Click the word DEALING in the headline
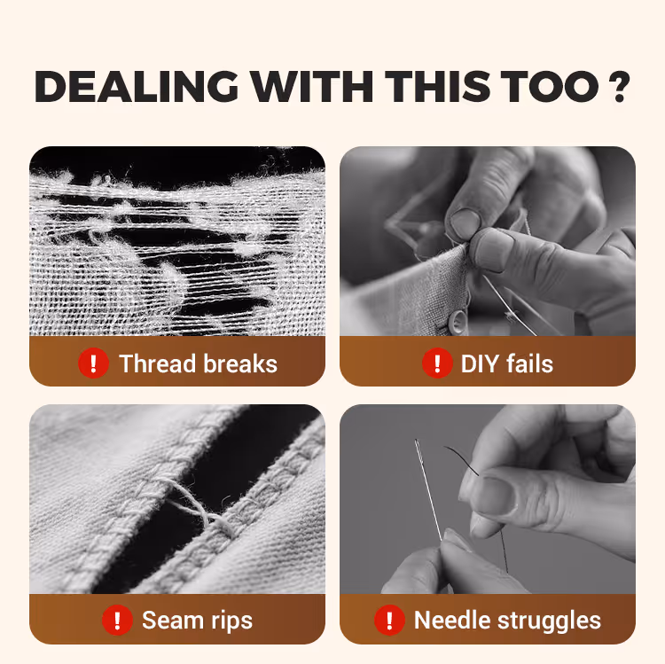[137, 87]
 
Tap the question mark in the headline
[619, 87]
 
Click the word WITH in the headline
[312, 87]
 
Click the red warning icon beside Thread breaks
[93, 363]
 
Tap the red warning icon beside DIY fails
[437, 363]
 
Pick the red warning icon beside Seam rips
[117, 621]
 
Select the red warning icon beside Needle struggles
[389, 621]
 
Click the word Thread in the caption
[157, 363]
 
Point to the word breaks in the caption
[240, 363]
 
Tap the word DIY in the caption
[480, 363]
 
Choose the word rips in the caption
[231, 622]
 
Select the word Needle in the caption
[451, 621]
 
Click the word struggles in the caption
[549, 622]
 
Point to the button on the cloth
[457, 323]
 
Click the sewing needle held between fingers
[428, 489]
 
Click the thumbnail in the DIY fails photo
[465, 223]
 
